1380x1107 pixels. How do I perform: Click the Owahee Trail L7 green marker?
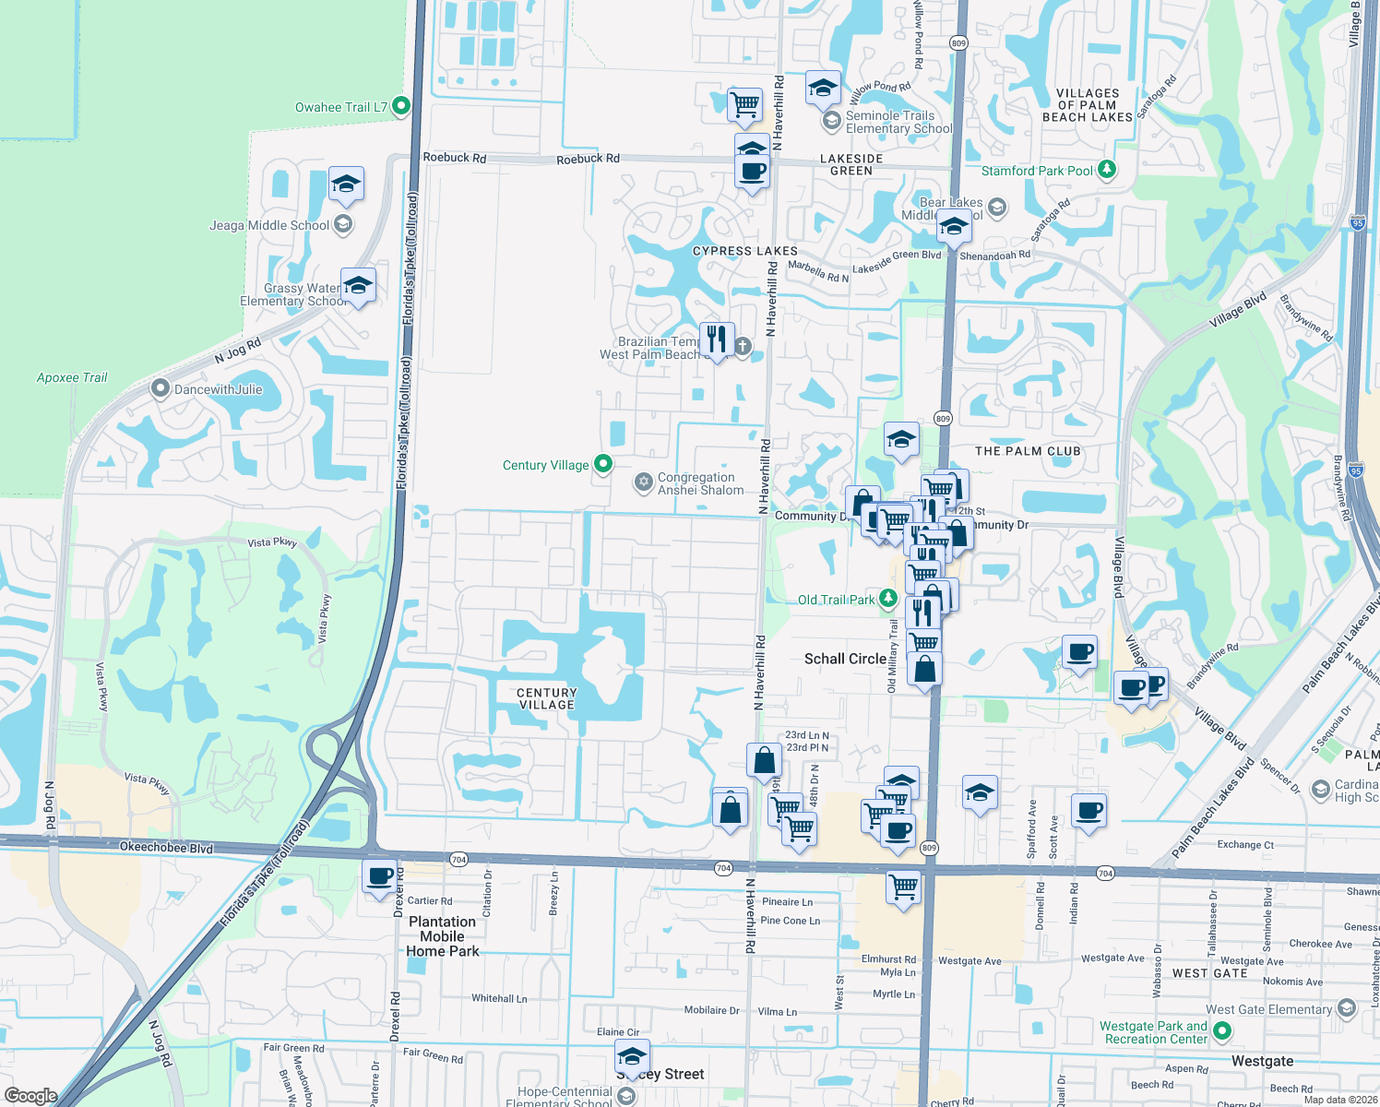(400, 107)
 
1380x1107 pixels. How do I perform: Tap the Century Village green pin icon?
(603, 464)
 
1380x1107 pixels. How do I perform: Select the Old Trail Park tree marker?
(887, 599)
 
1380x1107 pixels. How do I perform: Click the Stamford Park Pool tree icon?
(1107, 170)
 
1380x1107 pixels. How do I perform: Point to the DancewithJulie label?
(218, 389)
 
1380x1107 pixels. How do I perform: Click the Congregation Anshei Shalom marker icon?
(643, 482)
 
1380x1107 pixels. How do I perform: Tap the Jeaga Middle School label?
(268, 225)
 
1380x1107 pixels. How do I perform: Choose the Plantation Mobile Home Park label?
(443, 935)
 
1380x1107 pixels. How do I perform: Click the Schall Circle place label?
(845, 659)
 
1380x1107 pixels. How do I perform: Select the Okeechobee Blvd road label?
(166, 847)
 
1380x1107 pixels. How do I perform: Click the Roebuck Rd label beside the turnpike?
(454, 158)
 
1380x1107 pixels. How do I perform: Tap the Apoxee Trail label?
(72, 377)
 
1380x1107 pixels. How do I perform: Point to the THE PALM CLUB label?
(1028, 451)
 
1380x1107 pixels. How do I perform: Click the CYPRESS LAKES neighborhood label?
(744, 251)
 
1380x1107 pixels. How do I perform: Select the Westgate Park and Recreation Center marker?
(1222, 1031)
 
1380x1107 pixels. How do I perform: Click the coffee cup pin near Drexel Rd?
(380, 876)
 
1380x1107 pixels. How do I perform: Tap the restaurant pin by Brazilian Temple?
(716, 339)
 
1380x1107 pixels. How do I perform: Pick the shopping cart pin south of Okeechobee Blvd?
(903, 887)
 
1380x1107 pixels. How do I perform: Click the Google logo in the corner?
(30, 1095)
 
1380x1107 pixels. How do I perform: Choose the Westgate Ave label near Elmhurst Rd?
(970, 960)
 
